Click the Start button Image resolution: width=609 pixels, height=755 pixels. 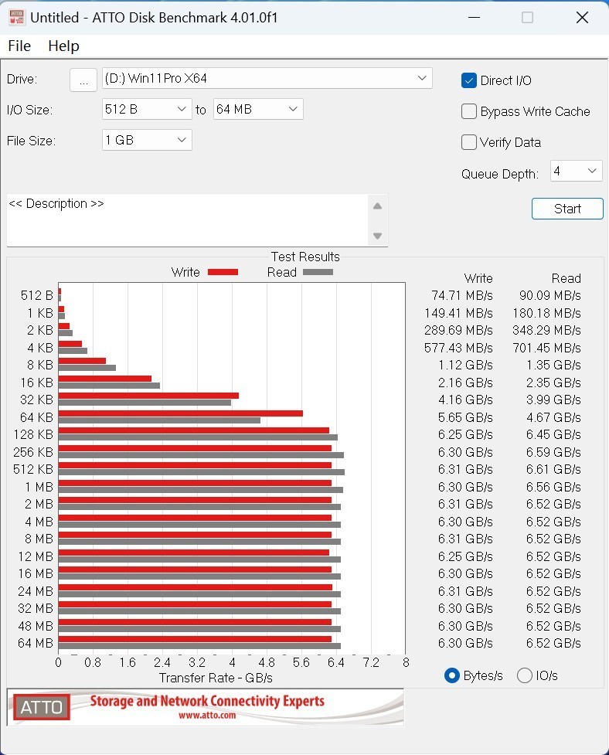[567, 209]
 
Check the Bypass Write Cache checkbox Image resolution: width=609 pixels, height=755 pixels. [469, 111]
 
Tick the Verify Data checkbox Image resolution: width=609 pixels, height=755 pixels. [469, 142]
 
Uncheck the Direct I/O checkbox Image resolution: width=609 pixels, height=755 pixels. [469, 80]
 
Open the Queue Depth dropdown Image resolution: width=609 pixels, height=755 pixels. [576, 171]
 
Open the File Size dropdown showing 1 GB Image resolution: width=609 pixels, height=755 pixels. [147, 140]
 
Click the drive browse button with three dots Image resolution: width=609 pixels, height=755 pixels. [83, 80]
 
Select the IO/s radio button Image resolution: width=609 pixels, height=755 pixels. [525, 675]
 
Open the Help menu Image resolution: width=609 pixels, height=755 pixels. [63, 46]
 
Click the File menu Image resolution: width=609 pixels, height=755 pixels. [19, 46]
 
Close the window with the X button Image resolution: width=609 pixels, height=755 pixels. [582, 17]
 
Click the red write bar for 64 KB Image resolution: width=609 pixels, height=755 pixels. [180, 413]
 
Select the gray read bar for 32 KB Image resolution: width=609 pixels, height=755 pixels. [145, 403]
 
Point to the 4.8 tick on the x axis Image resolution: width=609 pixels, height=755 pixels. [267, 662]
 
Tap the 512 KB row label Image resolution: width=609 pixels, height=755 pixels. [33, 469]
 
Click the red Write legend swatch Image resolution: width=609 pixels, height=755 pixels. [223, 272]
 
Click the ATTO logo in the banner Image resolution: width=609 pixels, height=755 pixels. [41, 706]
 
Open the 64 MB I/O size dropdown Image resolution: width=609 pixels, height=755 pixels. [258, 110]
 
